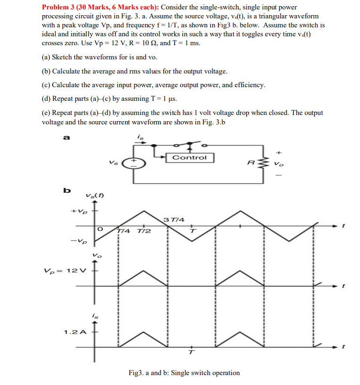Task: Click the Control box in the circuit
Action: click(x=189, y=157)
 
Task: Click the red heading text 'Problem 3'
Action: click(x=59, y=8)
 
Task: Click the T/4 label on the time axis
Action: click(x=125, y=231)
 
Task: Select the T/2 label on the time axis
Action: click(x=144, y=231)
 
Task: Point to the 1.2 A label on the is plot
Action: click(x=75, y=332)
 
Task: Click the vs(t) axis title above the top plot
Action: click(x=95, y=196)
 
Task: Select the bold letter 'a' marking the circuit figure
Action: click(x=67, y=138)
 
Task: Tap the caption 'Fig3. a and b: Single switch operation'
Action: click(x=184, y=373)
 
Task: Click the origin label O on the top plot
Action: click(x=100, y=229)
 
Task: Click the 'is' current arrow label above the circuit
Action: click(x=140, y=137)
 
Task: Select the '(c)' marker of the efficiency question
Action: click(x=46, y=85)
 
